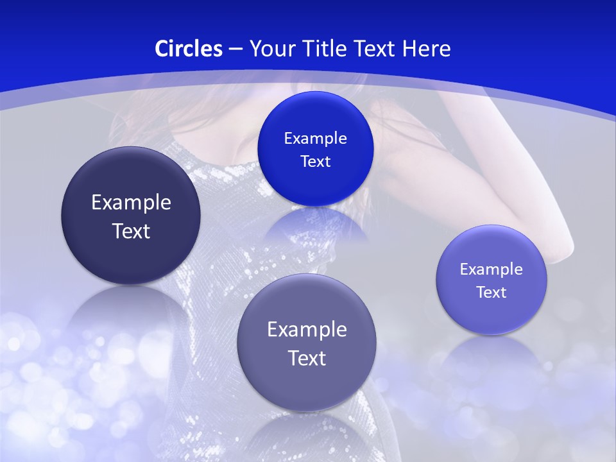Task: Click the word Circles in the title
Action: (x=189, y=49)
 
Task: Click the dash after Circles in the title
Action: (x=235, y=49)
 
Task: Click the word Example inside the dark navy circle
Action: (x=131, y=203)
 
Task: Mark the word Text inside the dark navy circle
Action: (x=131, y=231)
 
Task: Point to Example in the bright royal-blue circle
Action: (x=315, y=139)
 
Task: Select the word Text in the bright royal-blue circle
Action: (x=315, y=162)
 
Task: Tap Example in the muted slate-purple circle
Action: (x=307, y=330)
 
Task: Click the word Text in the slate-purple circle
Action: (x=307, y=358)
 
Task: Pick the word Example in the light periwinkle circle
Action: (x=492, y=269)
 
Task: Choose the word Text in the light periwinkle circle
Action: (x=492, y=293)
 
